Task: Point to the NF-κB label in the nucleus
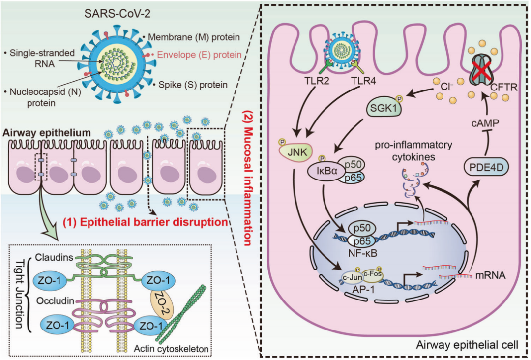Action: tap(363, 256)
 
